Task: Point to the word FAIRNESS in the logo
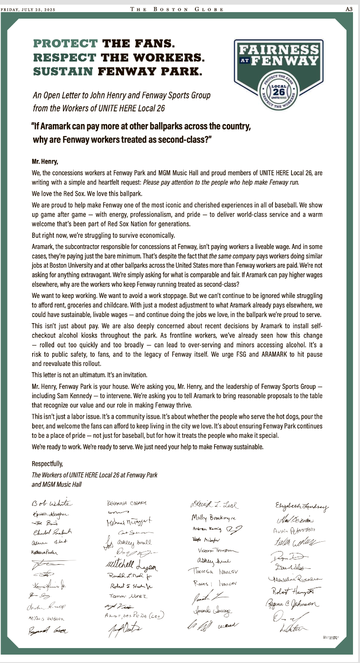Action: (x=279, y=49)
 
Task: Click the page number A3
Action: (x=348, y=9)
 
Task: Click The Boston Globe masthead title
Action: (x=177, y=9)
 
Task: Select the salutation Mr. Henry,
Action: (x=45, y=162)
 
